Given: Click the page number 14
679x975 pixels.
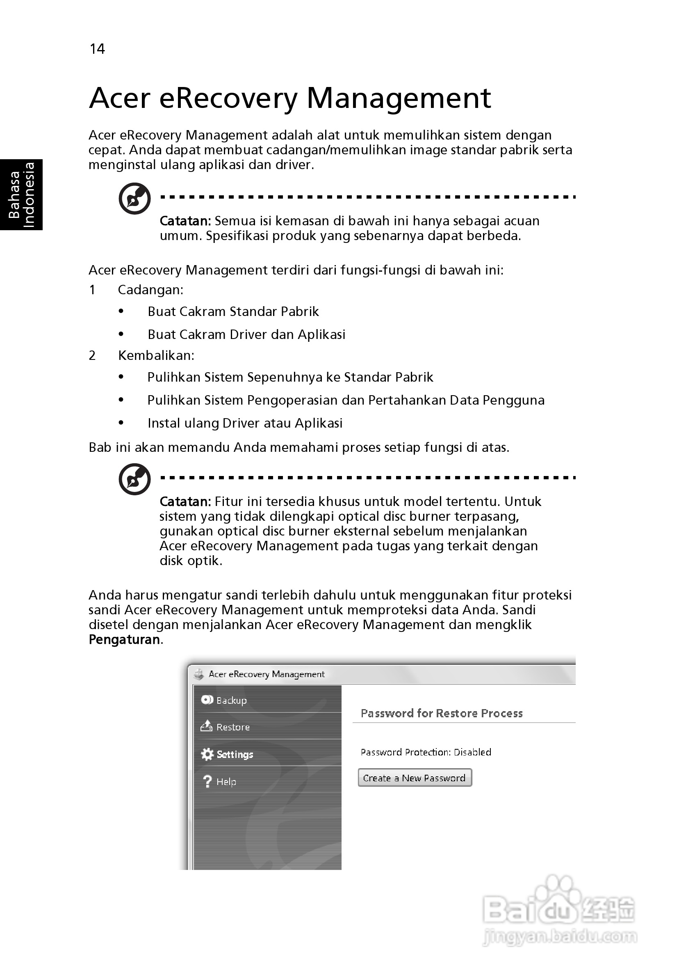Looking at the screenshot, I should tap(97, 49).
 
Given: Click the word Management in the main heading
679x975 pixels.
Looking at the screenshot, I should tap(398, 98).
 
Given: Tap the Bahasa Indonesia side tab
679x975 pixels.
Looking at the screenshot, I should tap(21, 195).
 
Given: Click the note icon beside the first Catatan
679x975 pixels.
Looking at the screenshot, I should tap(134, 198).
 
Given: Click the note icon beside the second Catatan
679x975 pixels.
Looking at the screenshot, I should tap(134, 479).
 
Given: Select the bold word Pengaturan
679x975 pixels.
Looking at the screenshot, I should tap(124, 639).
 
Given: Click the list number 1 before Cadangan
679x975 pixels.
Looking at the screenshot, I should tap(92, 290).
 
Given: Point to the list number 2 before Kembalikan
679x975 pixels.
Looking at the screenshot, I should tap(92, 355).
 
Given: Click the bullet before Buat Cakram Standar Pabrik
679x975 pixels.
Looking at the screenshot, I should tap(121, 311).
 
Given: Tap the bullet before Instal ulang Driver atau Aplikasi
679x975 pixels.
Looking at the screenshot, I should tap(121, 423).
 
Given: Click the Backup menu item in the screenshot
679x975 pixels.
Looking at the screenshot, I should tap(231, 700).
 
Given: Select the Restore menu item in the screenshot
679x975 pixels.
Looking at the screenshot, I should tap(233, 728).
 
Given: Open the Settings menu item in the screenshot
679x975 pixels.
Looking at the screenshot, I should tap(235, 755).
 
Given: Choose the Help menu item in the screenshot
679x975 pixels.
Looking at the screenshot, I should tap(226, 782).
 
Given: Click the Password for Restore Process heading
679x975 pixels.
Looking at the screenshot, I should tap(441, 714).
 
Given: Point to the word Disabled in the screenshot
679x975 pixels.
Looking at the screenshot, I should tap(472, 753).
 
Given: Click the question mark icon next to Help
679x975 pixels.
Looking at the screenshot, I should tap(207, 781).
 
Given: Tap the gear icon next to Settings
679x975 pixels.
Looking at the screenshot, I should tap(207, 754).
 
